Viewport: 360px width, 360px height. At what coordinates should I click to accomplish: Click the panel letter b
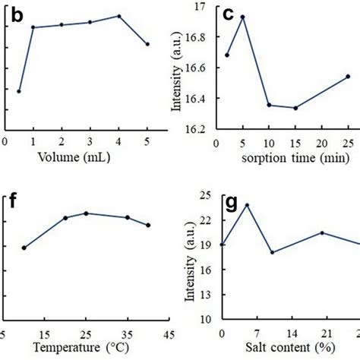14,14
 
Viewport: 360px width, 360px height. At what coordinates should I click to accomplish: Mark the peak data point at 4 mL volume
118,16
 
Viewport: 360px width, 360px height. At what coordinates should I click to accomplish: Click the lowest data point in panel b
19,91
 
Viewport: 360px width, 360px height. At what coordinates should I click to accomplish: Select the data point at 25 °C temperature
86,213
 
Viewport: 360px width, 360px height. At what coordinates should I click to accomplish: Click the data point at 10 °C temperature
24,248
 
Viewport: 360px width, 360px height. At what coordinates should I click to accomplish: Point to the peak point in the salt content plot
247,205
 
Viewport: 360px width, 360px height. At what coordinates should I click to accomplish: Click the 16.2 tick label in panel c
201,129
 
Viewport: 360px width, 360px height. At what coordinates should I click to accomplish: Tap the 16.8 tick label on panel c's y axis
201,36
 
